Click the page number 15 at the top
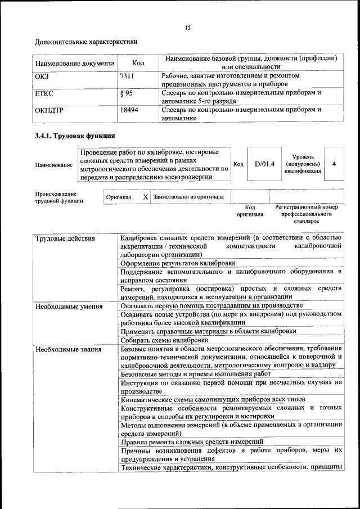tap(188, 28)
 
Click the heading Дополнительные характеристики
tap(86, 42)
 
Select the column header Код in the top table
tap(138, 63)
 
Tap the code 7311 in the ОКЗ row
tap(127, 75)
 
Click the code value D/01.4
tap(264, 164)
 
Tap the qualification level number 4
tap(334, 164)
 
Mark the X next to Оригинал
tap(145, 197)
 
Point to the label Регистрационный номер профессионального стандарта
tap(307, 214)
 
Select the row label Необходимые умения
tap(69, 307)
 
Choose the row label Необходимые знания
tap(68, 349)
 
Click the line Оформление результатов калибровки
tap(178, 263)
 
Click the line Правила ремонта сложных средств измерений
tap(192, 442)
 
